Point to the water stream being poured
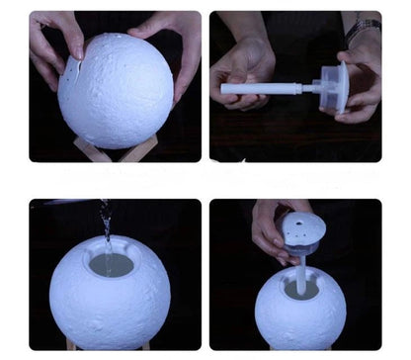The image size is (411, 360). coord(106,224)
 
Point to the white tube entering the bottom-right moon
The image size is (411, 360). coord(300,272)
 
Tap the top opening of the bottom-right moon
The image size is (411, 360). coord(300,288)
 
